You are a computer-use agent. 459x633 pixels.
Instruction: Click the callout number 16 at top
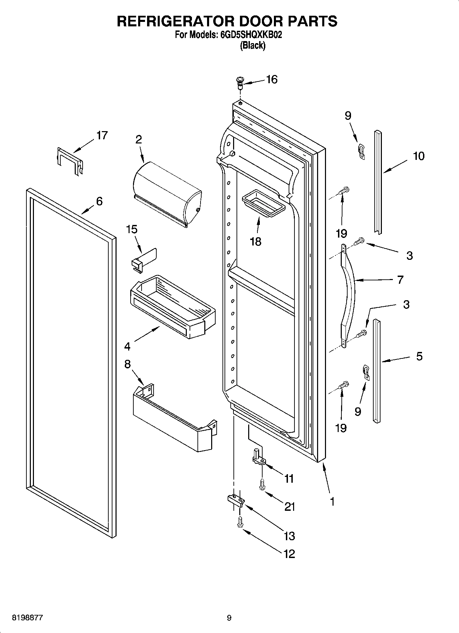tap(271, 79)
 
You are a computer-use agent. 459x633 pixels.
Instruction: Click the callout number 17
tap(101, 136)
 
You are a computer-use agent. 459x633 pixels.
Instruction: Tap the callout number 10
tap(418, 156)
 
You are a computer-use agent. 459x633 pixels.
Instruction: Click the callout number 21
tap(290, 506)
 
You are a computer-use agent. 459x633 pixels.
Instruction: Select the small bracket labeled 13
tap(236, 501)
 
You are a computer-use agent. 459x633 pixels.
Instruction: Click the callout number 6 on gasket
tap(99, 201)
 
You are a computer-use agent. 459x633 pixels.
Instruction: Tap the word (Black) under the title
tap(253, 45)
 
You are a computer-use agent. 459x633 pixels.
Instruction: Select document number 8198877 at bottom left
tap(27, 618)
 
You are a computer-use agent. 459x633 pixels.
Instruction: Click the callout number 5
tap(419, 356)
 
